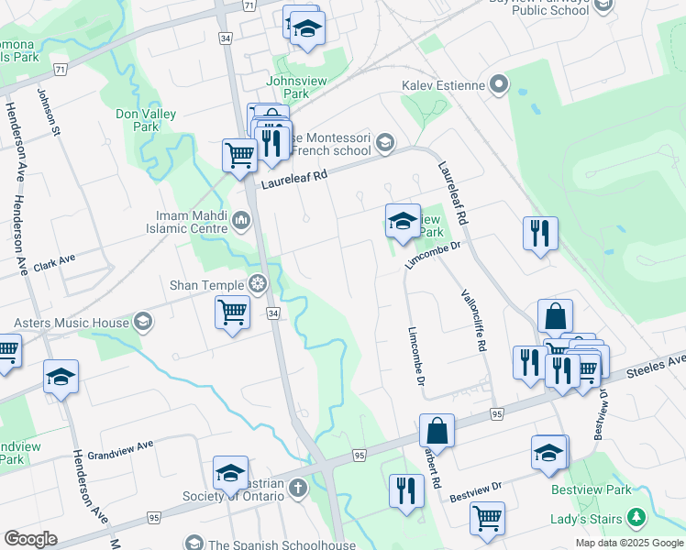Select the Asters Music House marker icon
coord(142,322)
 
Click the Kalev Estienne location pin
coord(499,86)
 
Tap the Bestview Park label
coord(591,489)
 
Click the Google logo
coord(30,539)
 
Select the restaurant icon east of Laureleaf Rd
coord(540,232)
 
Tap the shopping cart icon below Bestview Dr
coord(487,517)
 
